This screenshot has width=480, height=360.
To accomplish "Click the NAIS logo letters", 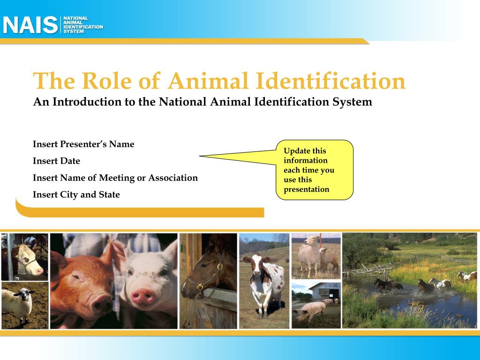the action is pos(30,25).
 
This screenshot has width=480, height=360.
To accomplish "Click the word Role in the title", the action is pos(106,81).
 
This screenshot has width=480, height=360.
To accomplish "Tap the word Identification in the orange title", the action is pos(330,81).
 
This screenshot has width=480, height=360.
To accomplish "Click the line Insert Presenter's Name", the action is pos(83,144).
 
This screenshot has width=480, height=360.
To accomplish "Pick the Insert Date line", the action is pos(56,161).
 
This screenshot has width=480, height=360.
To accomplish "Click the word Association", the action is pos(173,178).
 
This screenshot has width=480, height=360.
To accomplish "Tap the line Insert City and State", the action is pos(76,195).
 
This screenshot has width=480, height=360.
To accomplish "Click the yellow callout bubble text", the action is pos(309,170).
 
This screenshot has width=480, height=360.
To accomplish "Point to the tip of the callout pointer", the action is pos(200,156).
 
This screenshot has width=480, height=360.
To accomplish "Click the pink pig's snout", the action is pos(142,297).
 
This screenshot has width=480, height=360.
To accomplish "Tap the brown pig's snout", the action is pos(102,303).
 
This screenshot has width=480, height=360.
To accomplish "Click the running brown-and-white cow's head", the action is pos(256,266).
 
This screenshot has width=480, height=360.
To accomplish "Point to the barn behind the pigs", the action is pos(325,291).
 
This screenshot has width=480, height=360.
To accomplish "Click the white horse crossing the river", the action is pos(440,284).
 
